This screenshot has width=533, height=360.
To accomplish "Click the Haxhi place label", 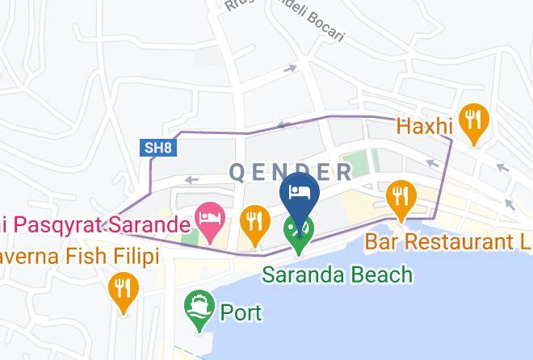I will pyautogui.click(x=424, y=127).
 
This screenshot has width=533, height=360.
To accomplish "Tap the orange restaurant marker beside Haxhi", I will pyautogui.click(x=471, y=122).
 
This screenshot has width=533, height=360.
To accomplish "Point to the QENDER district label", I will pyautogui.click(x=291, y=172).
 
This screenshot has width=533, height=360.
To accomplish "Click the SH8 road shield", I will pyautogui.click(x=157, y=148).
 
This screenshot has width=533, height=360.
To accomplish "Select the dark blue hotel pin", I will pyautogui.click(x=299, y=196).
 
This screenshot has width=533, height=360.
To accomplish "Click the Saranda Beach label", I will pyautogui.click(x=337, y=274).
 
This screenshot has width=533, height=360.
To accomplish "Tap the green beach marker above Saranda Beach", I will pyautogui.click(x=299, y=232).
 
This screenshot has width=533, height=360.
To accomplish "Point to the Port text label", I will pyautogui.click(x=241, y=312).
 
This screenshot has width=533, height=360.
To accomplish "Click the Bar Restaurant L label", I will pyautogui.click(x=448, y=241).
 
